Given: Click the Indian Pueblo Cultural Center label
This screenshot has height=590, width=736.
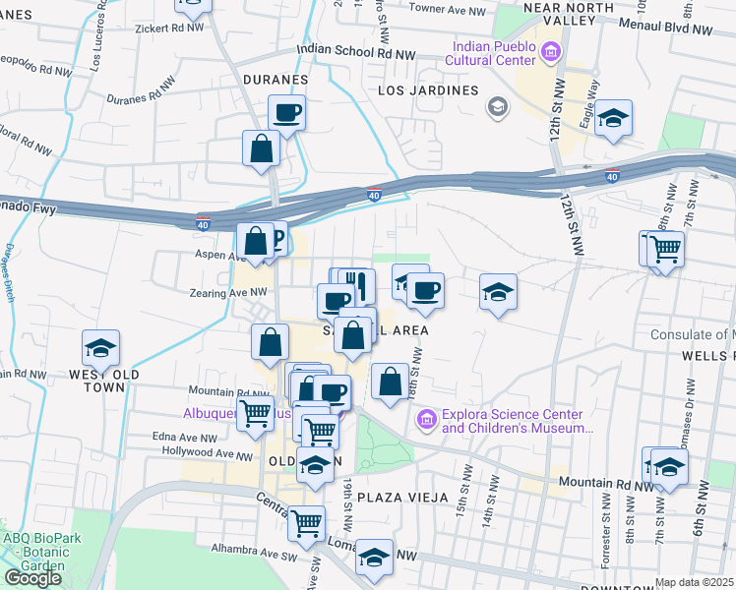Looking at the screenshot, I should click(x=494, y=55).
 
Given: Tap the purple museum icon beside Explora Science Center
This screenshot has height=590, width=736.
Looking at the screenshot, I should click(x=426, y=421).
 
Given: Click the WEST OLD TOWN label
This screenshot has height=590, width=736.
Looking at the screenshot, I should click(x=97, y=381).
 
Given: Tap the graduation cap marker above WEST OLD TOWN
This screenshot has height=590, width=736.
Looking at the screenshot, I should click(x=100, y=348).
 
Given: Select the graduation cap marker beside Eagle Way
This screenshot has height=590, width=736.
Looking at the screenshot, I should click(x=614, y=118).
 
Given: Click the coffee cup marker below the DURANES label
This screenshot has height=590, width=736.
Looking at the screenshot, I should click(x=286, y=112).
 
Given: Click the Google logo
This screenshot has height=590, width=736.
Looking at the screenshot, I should click(x=32, y=578).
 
